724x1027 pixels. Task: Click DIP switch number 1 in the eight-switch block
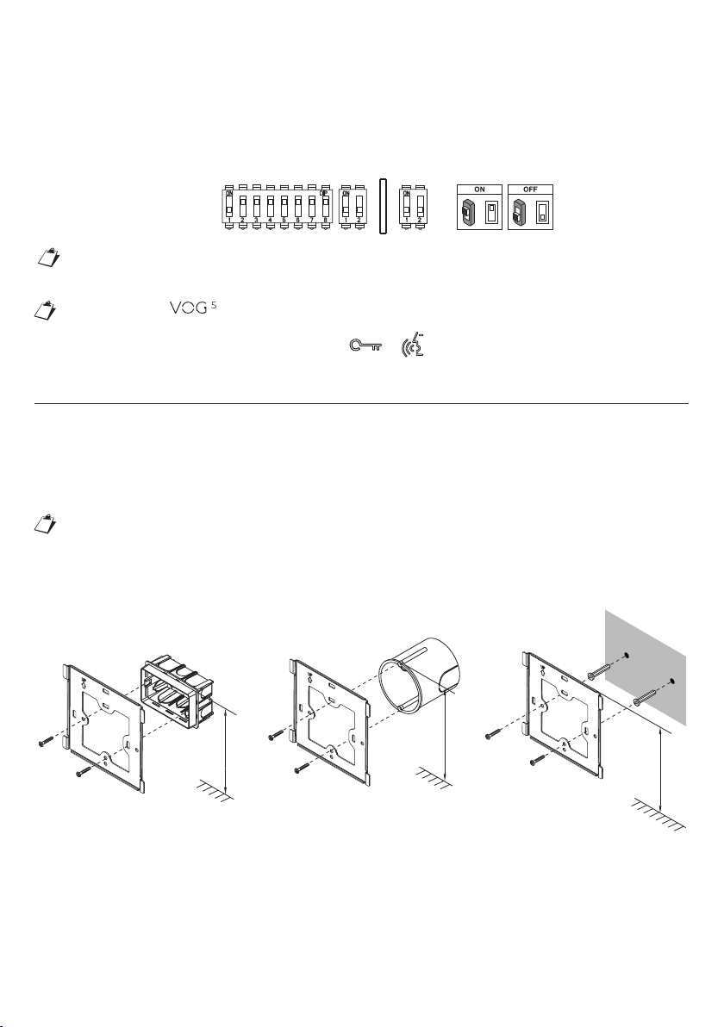229,208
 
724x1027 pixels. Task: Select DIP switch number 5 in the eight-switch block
284,208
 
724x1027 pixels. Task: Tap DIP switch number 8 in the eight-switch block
326,208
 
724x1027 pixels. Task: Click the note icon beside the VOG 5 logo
52,309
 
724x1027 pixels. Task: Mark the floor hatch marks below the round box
432,779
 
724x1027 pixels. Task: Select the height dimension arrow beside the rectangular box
226,750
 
